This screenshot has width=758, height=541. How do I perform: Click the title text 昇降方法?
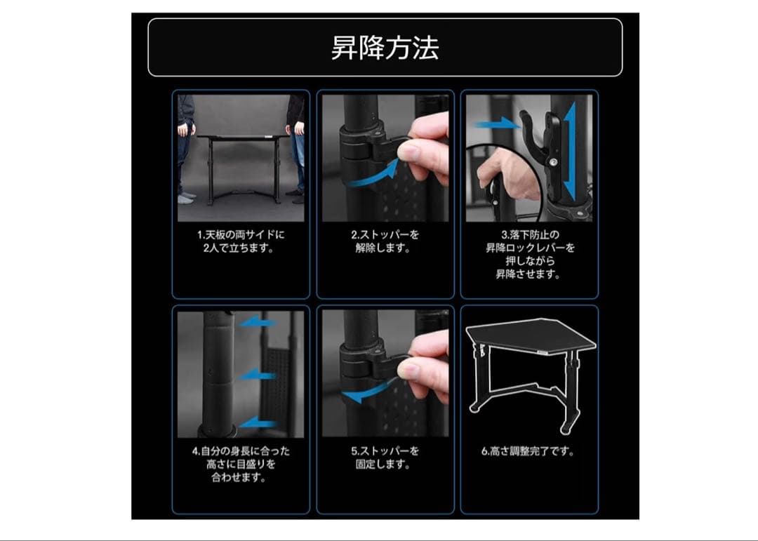(385, 48)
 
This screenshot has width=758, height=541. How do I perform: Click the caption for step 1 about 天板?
(241, 241)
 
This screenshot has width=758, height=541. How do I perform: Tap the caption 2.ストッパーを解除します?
(385, 241)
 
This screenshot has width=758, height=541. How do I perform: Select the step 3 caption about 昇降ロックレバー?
(529, 254)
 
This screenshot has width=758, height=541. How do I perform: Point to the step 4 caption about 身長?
(241, 464)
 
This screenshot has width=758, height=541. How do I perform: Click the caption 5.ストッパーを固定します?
(385, 457)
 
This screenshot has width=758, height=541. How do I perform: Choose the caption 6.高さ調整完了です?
(528, 451)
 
